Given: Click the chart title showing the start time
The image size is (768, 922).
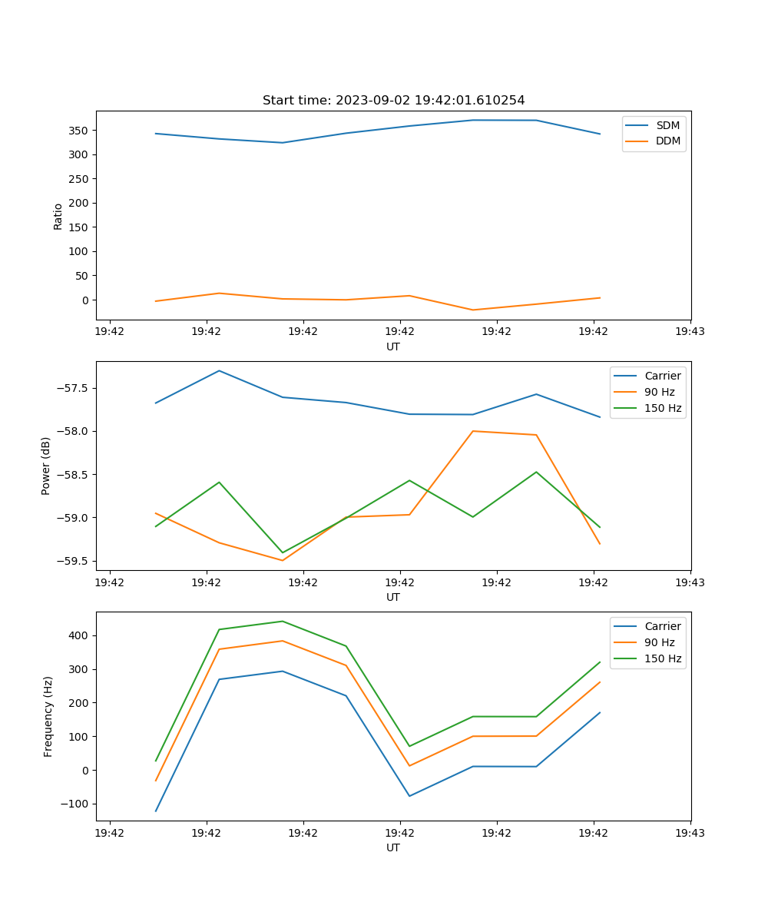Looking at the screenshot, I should tap(393, 101).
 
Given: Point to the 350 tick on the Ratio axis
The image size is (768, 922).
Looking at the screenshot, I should tap(80, 131).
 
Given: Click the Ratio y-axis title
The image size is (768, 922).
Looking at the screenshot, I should tap(58, 216).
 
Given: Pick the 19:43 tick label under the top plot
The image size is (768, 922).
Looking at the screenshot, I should tap(690, 332).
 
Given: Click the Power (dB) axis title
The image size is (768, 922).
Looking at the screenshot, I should tap(46, 466).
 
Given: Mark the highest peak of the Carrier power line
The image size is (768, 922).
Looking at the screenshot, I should tap(219, 371).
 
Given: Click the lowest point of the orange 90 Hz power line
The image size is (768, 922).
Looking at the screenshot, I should tap(283, 560).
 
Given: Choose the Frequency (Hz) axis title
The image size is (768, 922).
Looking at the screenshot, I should tap(48, 716).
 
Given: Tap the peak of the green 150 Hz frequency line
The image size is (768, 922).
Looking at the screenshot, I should tap(283, 622).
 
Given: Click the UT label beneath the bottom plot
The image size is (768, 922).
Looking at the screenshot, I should tap(393, 847).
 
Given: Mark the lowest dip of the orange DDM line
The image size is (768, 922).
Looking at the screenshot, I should tap(472, 310).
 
